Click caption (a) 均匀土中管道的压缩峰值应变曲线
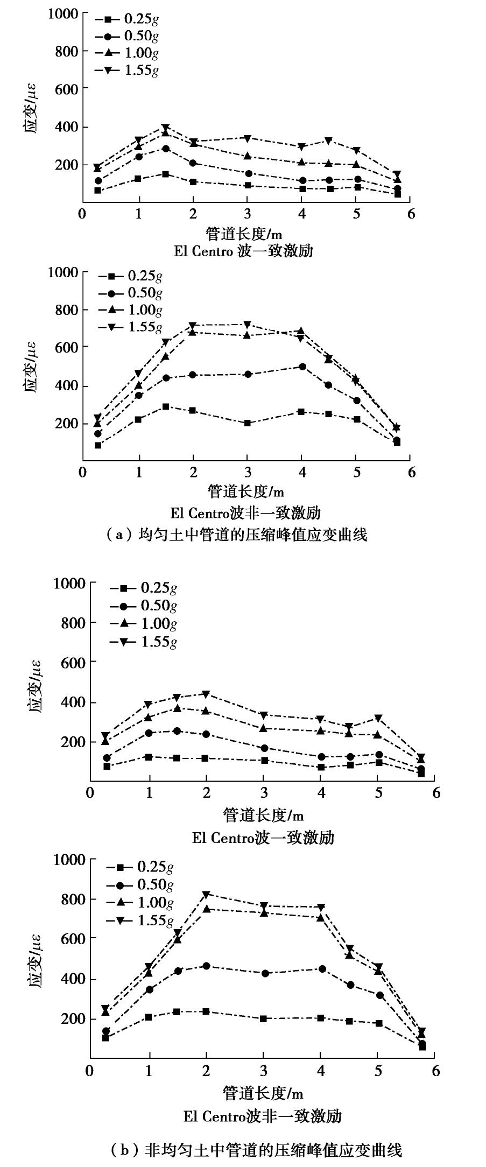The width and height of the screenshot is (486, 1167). pos(237,535)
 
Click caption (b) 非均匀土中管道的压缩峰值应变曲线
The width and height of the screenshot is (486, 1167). pos(256,1151)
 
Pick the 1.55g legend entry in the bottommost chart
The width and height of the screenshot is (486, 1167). pos(140,920)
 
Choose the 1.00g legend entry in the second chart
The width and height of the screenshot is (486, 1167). pos(130,310)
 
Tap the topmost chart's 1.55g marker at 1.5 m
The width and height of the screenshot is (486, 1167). pos(166,128)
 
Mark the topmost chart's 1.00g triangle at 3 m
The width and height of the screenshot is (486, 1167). pos(247,156)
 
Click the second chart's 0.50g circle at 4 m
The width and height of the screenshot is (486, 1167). pos(302,367)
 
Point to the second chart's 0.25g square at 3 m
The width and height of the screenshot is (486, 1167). pos(247,423)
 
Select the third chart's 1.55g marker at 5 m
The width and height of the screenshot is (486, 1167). pos(378,718)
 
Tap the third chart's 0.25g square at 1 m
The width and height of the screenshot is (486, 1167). pos(149,757)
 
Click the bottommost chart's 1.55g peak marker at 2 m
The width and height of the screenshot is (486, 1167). pos(206,895)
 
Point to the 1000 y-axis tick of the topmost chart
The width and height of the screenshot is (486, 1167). pos(63,13)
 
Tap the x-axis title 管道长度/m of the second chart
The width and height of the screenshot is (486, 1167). pos(246,491)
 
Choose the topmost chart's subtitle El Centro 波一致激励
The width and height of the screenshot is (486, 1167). pos(243,251)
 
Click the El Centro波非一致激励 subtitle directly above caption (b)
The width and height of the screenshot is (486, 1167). pos(262,1116)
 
